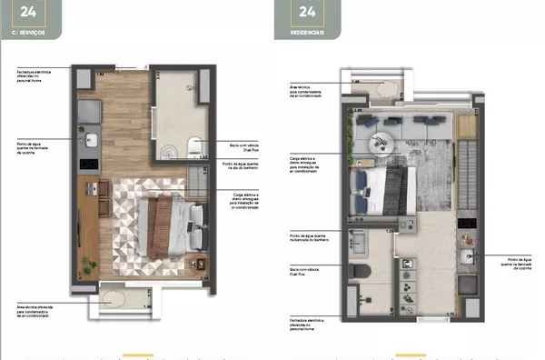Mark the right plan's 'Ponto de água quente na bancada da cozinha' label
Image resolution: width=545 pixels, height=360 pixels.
click(521, 263)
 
